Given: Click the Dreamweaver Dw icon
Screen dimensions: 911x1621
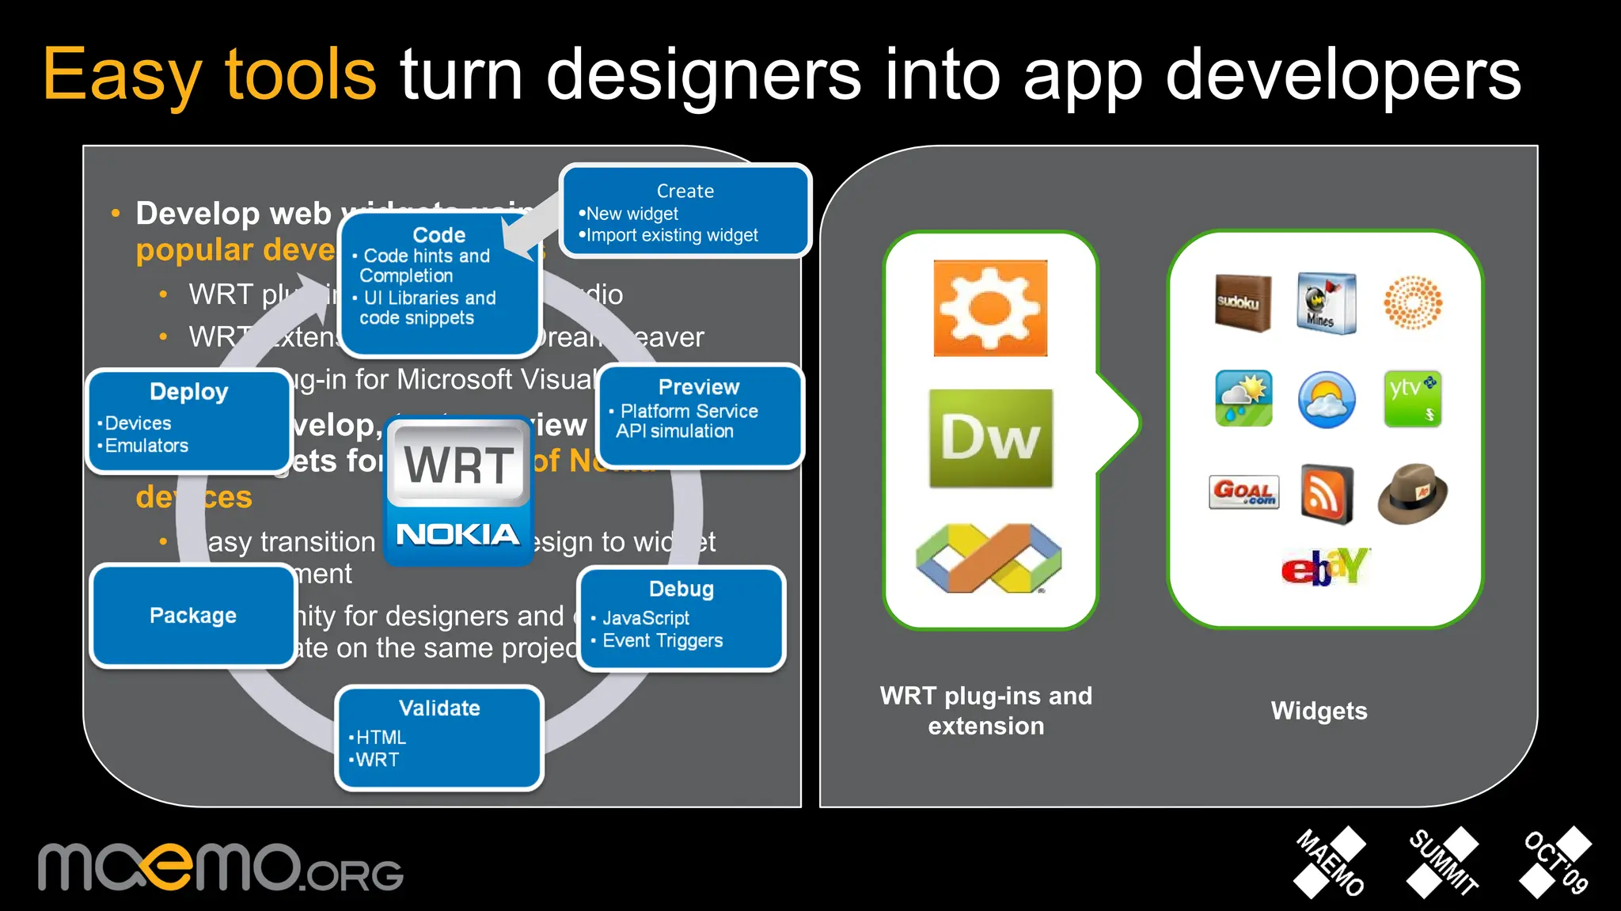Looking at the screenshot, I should coord(990,438).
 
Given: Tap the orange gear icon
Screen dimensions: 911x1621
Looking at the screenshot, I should coord(990,308).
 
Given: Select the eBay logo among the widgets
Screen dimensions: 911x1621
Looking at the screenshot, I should coord(1325,567).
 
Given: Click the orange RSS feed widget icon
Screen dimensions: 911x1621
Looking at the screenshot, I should coord(1327,495).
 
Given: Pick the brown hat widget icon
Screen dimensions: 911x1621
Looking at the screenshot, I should coord(1413,494).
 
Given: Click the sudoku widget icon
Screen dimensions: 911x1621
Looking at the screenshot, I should coord(1243,302).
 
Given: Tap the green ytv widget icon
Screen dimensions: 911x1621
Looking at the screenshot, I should coord(1412,398).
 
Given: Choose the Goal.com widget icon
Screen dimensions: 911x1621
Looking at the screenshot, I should coord(1243,492).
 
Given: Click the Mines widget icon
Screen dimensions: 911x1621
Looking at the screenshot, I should coord(1327,303).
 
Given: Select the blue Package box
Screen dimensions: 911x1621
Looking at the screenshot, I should coord(193,616).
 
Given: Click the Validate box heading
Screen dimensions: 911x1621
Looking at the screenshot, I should coord(439,708).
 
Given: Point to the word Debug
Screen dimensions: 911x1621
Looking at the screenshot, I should coord(681,589).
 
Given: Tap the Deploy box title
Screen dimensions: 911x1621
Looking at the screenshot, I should coord(188,392).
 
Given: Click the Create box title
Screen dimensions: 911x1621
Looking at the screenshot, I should coord(685,191).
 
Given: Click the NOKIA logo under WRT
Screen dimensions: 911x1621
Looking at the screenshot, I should coord(457,534).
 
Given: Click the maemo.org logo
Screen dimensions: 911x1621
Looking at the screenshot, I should coord(220,868).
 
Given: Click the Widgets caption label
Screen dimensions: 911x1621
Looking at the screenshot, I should coord(1319,711).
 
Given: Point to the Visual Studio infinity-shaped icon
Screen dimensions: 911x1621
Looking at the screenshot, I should coord(989,558).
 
